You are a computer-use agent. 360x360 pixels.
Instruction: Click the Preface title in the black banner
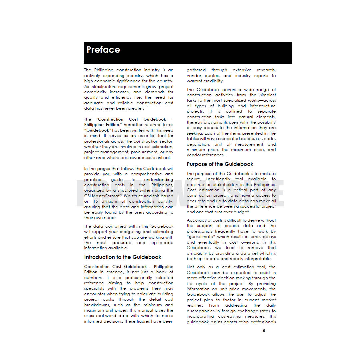click(103, 50)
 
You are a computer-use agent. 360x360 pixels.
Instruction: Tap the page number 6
click(264, 331)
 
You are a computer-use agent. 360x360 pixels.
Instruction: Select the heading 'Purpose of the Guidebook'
click(220, 164)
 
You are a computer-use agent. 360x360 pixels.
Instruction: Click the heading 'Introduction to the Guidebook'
click(123, 257)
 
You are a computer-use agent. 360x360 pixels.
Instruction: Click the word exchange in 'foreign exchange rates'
click(246, 311)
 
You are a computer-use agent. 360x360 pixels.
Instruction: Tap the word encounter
click(95, 294)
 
